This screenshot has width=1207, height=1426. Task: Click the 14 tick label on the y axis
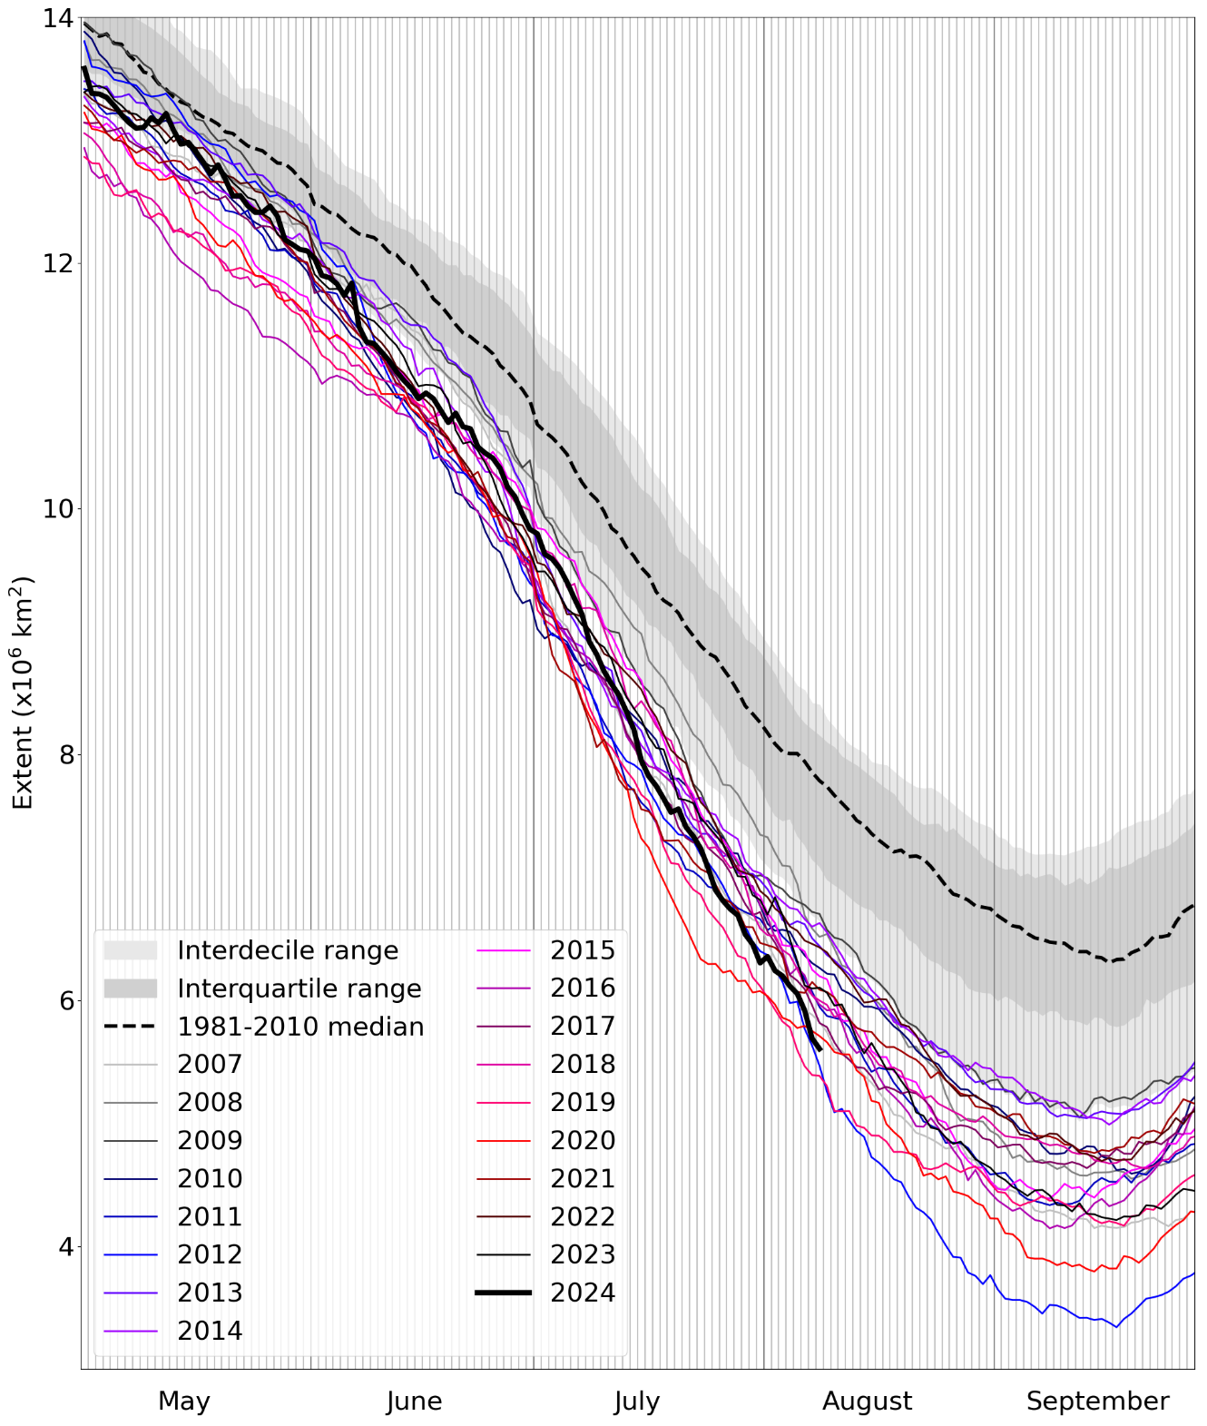click(56, 18)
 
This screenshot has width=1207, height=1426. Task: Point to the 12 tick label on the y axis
click(56, 263)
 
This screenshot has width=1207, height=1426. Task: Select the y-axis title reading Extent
click(22, 692)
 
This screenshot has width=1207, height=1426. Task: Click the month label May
click(184, 1401)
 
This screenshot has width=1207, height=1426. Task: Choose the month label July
click(636, 1401)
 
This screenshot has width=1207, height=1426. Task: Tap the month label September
click(1097, 1401)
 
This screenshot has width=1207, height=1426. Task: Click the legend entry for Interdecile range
click(288, 950)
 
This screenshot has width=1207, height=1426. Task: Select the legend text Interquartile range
click(299, 988)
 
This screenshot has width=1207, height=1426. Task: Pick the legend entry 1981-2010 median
click(300, 1027)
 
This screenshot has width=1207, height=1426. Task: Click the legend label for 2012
click(210, 1254)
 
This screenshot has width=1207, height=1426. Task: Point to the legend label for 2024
click(583, 1293)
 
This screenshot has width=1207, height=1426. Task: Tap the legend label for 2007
click(210, 1064)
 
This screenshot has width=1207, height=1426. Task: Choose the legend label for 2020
click(583, 1140)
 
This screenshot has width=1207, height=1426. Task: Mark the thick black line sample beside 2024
click(504, 1293)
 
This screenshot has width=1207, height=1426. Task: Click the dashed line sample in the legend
click(131, 1027)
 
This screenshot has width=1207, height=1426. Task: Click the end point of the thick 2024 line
click(820, 1050)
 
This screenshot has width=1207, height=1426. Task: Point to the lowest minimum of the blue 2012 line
click(1116, 1326)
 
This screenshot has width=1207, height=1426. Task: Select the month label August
click(867, 1401)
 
